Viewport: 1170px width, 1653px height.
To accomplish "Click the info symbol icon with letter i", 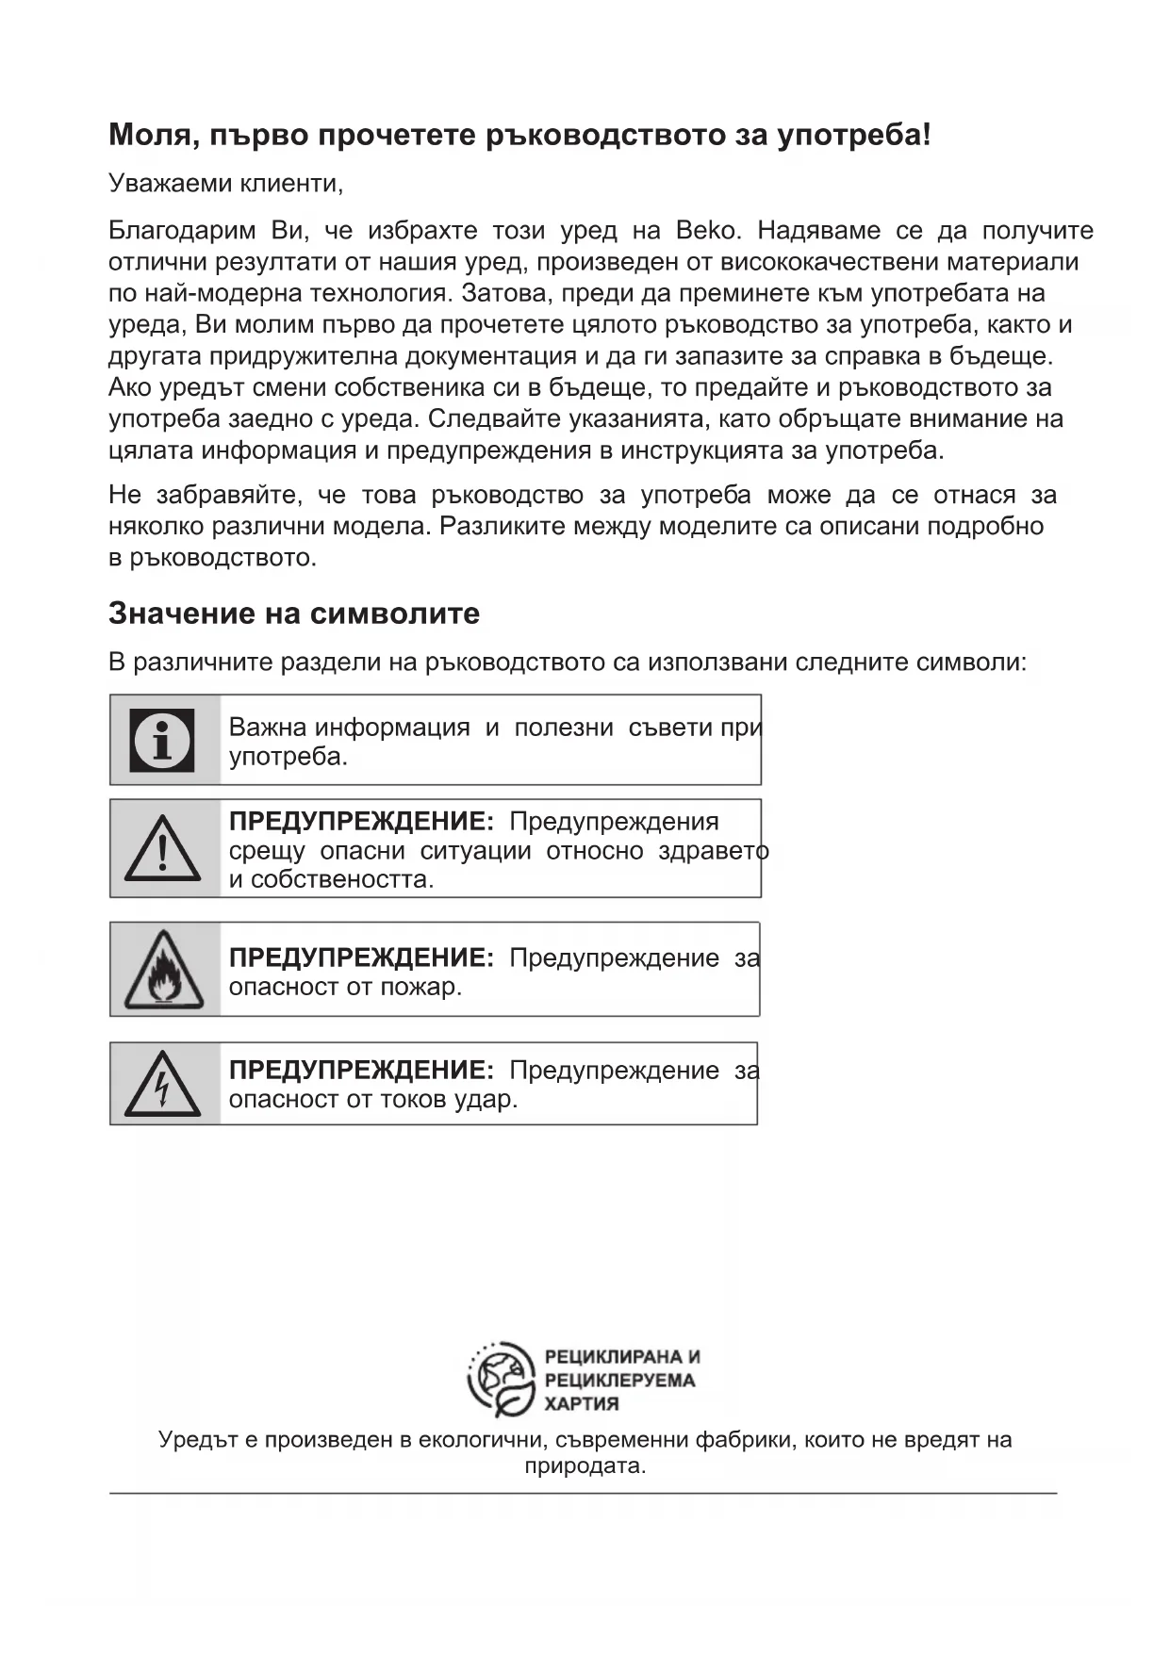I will (163, 740).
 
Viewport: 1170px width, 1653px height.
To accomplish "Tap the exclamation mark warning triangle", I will (162, 848).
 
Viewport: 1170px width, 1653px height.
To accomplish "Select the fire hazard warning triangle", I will (164, 970).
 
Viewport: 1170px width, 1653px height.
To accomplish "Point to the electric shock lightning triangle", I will (163, 1085).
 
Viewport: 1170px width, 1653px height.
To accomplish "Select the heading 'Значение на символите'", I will (294, 614).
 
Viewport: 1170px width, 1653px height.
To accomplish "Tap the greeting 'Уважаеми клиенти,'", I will (225, 183).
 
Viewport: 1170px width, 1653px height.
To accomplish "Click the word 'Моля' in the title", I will (150, 136).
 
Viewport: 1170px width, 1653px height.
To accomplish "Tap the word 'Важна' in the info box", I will (268, 728).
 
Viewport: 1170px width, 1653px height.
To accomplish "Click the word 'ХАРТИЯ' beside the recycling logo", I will (582, 1404).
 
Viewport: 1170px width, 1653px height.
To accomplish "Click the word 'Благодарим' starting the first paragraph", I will (182, 231).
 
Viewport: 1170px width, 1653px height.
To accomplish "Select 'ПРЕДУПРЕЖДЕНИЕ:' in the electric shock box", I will (361, 1071).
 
